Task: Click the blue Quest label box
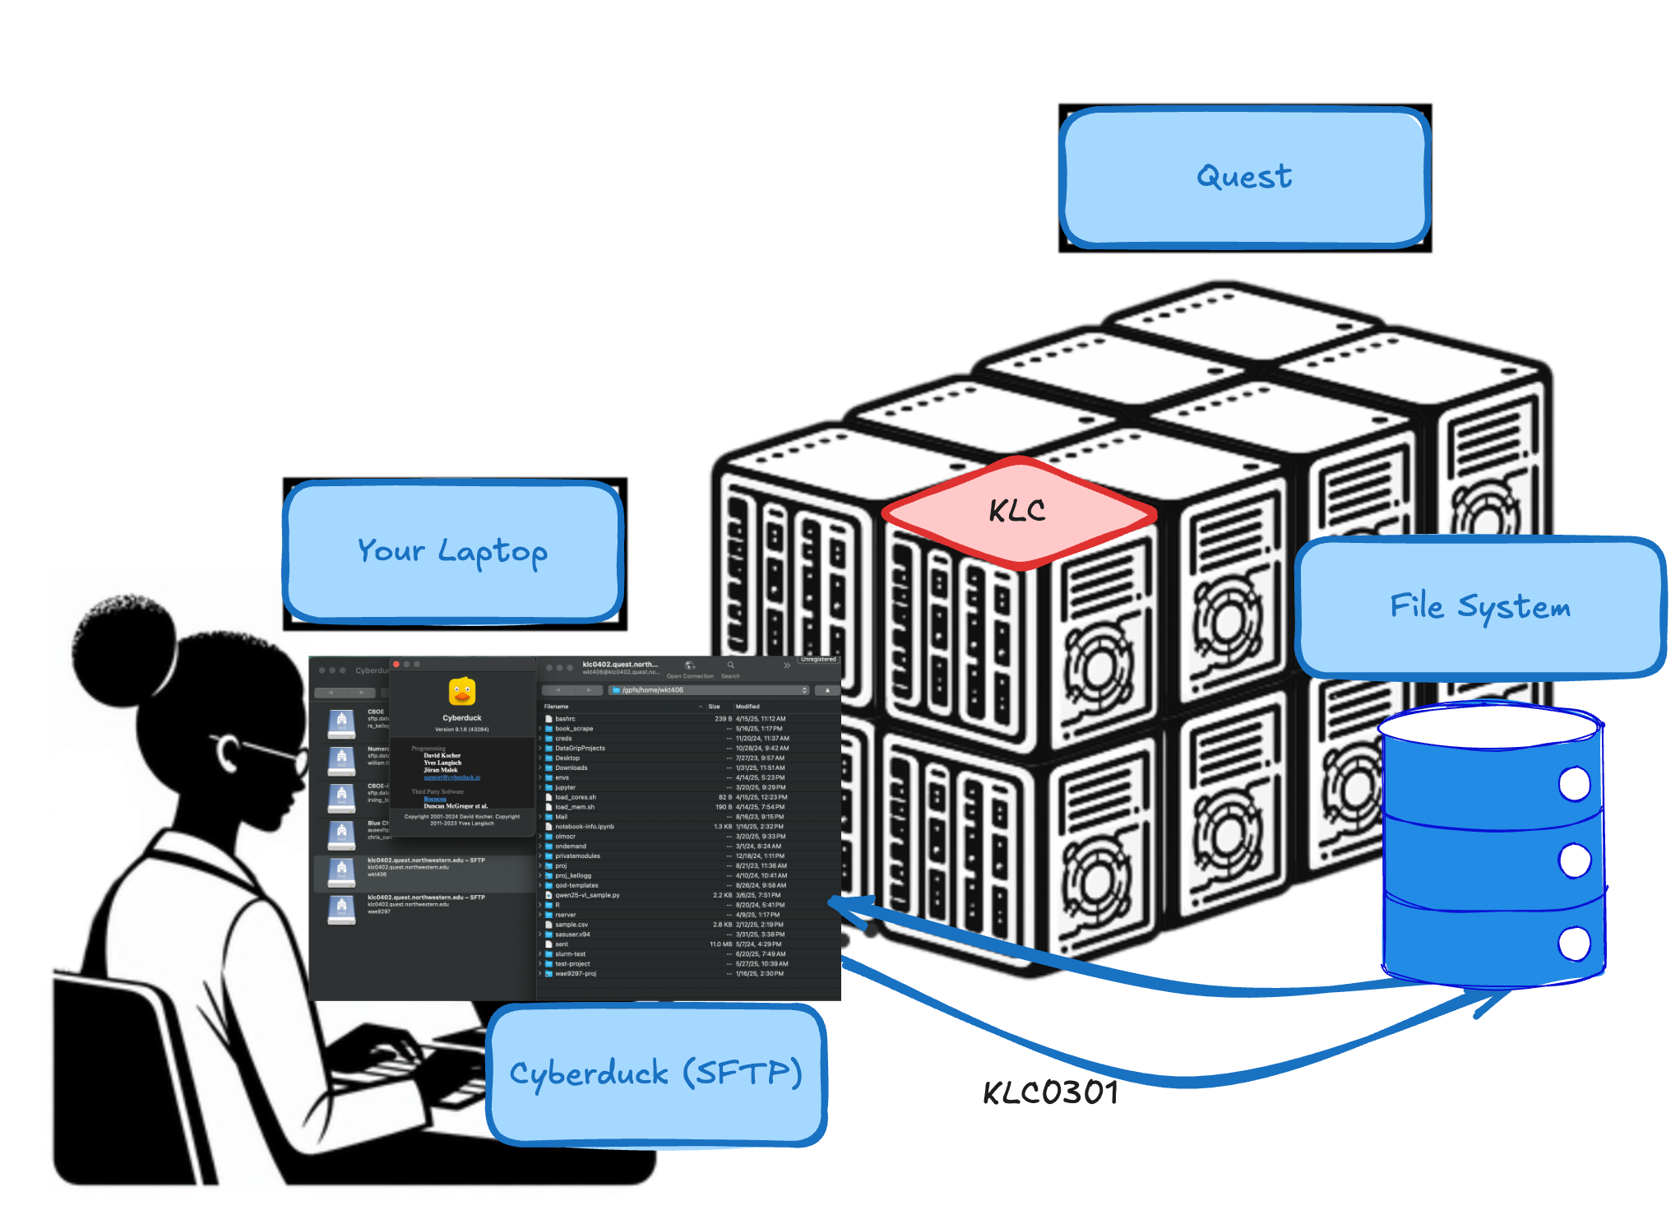[x=1244, y=177]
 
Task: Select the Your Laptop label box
[x=453, y=551]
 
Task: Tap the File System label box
[x=1479, y=607]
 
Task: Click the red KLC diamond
[x=1018, y=512]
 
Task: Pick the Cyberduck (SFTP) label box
[x=655, y=1074]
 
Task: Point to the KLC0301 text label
[x=1050, y=1093]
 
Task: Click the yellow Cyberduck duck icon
[x=462, y=692]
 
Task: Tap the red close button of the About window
[x=396, y=664]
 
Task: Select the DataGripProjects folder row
[x=580, y=749]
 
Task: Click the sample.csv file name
[x=572, y=925]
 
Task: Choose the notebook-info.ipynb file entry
[x=584, y=827]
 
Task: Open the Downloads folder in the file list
[x=571, y=768]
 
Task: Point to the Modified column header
[x=747, y=707]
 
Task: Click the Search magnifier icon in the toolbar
[x=730, y=666]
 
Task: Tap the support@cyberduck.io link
[x=451, y=777]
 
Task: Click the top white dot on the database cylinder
[x=1574, y=784]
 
